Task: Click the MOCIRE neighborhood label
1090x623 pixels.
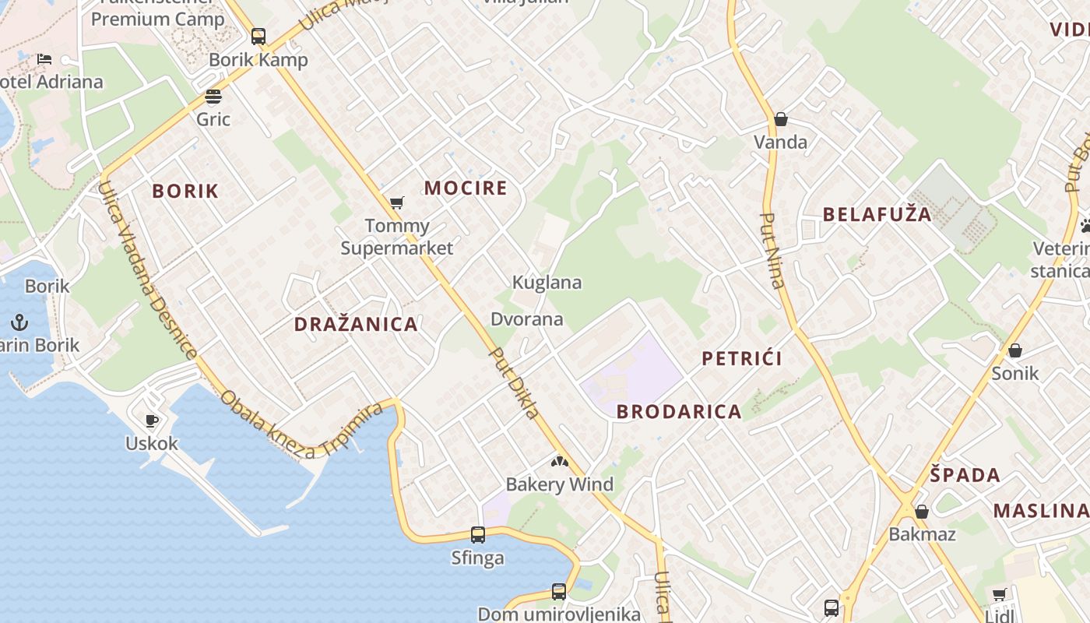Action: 466,188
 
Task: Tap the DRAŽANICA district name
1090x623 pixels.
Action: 356,325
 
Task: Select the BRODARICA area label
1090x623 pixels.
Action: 679,412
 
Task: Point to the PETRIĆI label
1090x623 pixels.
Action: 742,358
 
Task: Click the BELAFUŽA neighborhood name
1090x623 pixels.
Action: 877,215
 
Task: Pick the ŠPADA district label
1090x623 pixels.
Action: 965,475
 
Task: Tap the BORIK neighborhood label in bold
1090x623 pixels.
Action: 185,191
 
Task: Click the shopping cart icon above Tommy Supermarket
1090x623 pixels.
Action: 396,203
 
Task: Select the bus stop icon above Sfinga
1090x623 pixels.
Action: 478,535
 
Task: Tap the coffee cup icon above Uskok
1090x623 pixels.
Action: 152,421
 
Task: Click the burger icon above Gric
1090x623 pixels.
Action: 213,97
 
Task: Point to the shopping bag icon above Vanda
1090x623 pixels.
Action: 781,119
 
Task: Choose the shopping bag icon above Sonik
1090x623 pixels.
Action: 1015,350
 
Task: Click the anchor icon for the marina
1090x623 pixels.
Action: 19,322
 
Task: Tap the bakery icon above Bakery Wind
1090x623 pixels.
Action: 560,462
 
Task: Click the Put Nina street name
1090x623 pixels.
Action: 772,251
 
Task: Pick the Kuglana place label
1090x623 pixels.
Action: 547,283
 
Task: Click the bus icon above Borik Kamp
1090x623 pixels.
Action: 258,37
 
